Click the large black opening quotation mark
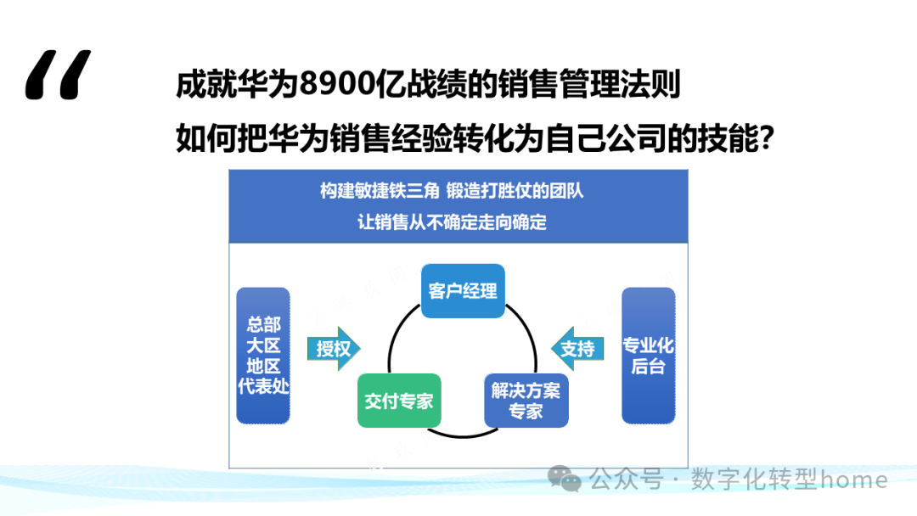58,76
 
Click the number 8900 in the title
319,86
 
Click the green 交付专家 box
399,401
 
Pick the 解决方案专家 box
526,401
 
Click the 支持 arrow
579,348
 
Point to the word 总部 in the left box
263,324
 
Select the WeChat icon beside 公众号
565,480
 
